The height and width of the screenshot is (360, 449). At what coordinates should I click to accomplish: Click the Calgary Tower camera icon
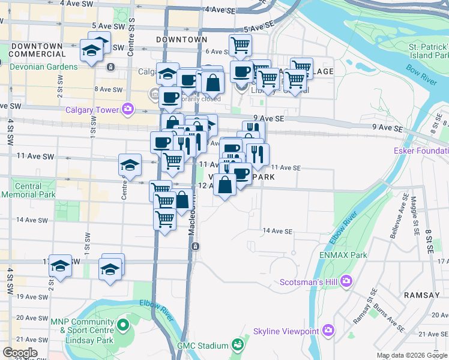click(127, 109)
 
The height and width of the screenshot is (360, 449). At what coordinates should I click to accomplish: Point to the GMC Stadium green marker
click(238, 345)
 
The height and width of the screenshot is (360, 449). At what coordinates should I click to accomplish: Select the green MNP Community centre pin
click(123, 326)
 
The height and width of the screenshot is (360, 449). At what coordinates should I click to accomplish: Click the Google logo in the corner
click(20, 353)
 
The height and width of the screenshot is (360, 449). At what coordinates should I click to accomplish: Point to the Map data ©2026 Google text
click(412, 355)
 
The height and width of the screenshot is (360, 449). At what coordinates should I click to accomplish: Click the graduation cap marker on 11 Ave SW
click(129, 163)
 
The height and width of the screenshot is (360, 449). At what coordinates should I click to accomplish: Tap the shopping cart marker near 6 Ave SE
click(240, 43)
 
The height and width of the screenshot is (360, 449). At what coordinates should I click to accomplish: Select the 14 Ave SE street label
click(277, 231)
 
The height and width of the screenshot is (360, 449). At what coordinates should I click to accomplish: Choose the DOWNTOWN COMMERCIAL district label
click(37, 50)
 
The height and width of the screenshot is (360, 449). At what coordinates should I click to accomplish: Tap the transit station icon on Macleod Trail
click(195, 247)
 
